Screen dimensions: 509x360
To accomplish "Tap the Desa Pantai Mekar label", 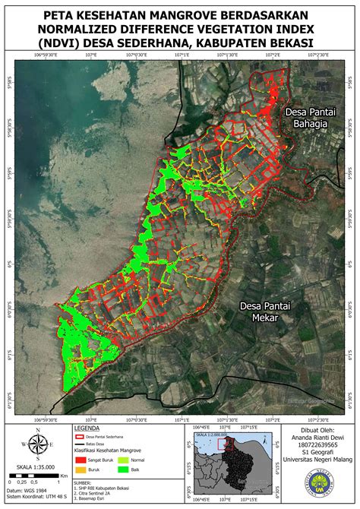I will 257,312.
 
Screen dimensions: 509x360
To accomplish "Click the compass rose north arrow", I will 36,446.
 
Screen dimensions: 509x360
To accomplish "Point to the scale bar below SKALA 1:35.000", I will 36,476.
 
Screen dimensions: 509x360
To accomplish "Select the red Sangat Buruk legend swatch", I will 81,460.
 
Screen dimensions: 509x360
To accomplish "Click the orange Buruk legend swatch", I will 81,470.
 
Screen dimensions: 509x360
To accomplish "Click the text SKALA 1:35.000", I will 36,467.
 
